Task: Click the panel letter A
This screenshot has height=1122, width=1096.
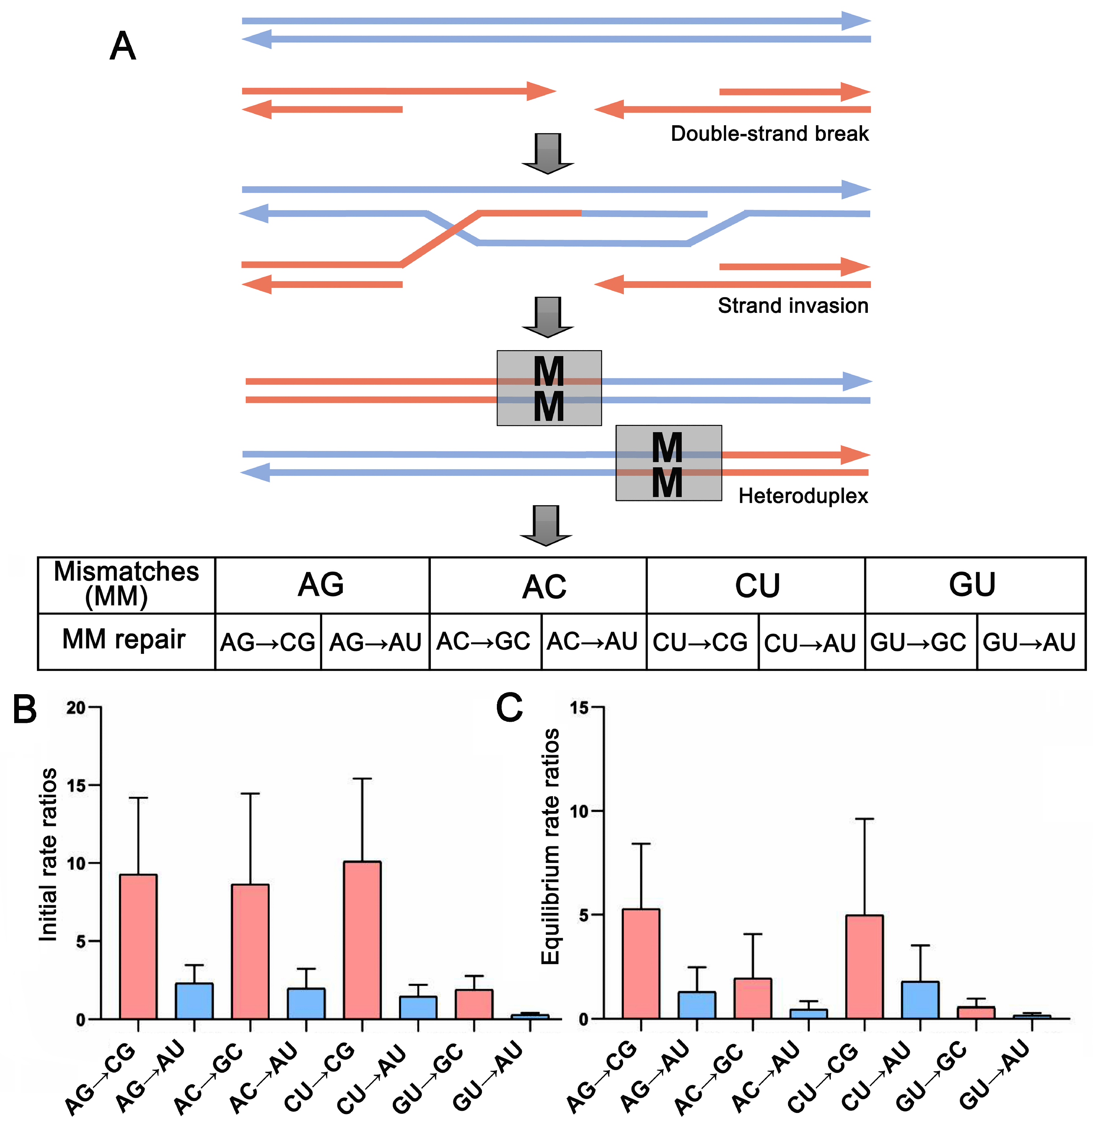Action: (x=123, y=46)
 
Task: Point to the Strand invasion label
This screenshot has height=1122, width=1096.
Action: (x=793, y=305)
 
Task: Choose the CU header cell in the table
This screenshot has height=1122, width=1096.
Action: (x=757, y=586)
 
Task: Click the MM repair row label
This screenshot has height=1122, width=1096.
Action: (x=124, y=639)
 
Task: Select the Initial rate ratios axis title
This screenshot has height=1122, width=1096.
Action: (x=48, y=855)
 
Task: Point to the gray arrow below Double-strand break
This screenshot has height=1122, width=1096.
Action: (x=547, y=153)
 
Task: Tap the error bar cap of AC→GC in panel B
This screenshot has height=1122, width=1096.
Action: (x=250, y=794)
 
